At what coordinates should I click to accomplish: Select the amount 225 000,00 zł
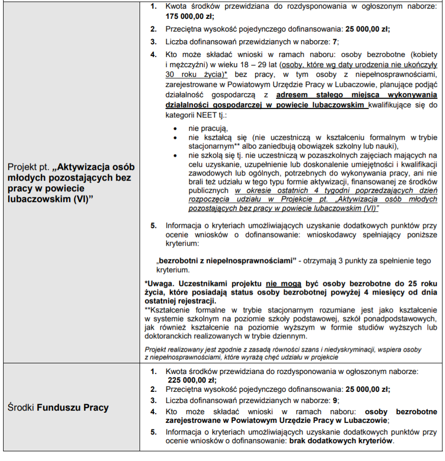(x=191, y=380)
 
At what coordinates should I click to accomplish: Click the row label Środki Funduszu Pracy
(x=59, y=408)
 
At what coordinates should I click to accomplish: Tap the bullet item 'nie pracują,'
(x=208, y=128)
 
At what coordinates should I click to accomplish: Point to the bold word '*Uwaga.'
(x=160, y=283)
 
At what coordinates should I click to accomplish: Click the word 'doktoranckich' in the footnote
(x=167, y=336)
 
